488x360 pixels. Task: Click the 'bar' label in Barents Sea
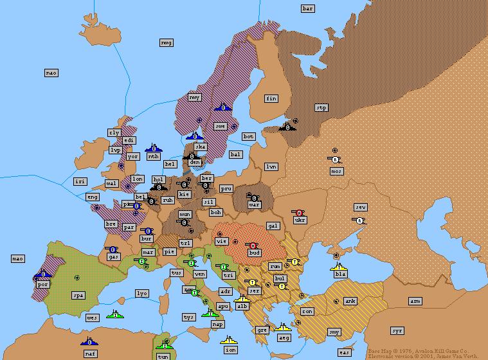pyautogui.click(x=308, y=8)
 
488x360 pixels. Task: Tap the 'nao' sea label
pyautogui.click(x=51, y=73)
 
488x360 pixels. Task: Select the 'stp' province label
pyautogui.click(x=322, y=107)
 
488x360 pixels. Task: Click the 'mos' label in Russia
pyautogui.click(x=336, y=171)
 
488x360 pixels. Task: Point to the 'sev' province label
pyautogui.click(x=361, y=207)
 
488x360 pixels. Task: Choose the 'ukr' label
pyautogui.click(x=300, y=220)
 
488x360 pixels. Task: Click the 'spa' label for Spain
pyautogui.click(x=78, y=296)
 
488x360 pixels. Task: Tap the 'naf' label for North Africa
pyautogui.click(x=90, y=354)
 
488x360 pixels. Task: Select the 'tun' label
pyautogui.click(x=163, y=356)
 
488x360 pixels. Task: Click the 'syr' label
pyautogui.click(x=397, y=330)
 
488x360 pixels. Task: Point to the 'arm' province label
pyautogui.click(x=415, y=301)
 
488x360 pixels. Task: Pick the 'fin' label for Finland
pyautogui.click(x=271, y=98)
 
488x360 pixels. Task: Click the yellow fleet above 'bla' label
pyautogui.click(x=339, y=265)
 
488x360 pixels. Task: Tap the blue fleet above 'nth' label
pyautogui.click(x=153, y=147)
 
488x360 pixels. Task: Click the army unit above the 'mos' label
pyautogui.click(x=335, y=159)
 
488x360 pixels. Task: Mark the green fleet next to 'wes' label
pyautogui.click(x=115, y=315)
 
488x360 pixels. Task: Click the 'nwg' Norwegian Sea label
pyautogui.click(x=166, y=42)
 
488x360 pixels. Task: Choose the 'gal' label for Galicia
pyautogui.click(x=273, y=226)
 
